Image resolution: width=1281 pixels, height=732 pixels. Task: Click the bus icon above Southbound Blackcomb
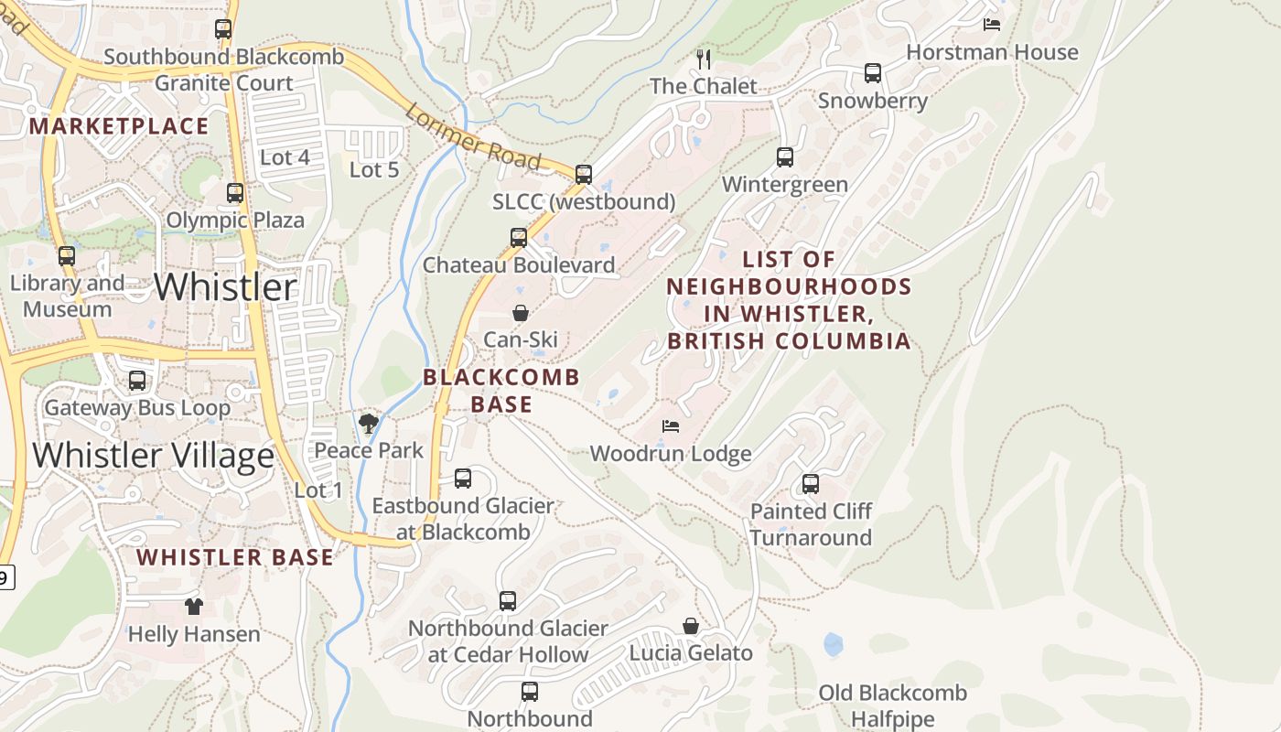click(223, 29)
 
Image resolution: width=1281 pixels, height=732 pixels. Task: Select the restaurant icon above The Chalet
click(704, 59)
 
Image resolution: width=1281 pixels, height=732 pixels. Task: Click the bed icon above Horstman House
click(992, 25)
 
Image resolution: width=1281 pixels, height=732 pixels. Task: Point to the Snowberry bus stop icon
click(873, 73)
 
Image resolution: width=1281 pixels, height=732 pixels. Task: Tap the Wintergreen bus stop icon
click(785, 157)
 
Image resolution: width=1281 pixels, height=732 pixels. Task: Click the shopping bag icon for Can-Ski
click(521, 313)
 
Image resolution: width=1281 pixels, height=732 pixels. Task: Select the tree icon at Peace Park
click(369, 423)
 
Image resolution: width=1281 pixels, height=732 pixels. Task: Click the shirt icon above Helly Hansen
click(193, 606)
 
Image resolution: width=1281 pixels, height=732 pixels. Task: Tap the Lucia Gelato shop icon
click(691, 626)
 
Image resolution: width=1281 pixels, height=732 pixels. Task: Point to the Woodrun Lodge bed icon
click(671, 426)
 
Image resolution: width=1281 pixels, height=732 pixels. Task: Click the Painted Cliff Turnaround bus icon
click(811, 484)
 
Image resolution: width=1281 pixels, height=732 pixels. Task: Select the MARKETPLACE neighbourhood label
click(119, 126)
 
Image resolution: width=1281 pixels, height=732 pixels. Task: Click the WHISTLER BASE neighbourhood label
click(235, 557)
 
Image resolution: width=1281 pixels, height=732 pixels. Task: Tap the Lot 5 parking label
click(374, 169)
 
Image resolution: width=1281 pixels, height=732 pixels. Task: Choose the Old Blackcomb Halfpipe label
click(892, 705)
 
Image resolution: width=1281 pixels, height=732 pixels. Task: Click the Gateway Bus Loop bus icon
click(137, 381)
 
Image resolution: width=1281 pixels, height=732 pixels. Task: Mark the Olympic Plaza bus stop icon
click(235, 193)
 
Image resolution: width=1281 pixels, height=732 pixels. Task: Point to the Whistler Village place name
click(153, 455)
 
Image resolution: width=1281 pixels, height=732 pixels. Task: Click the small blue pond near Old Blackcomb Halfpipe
click(833, 644)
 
